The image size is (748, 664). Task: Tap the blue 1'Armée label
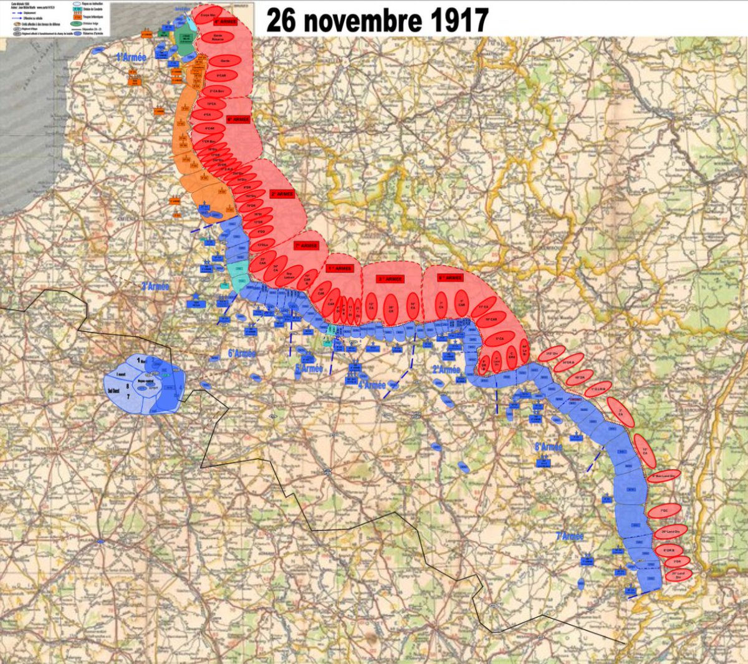[131, 57]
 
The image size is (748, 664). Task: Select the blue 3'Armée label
[155, 286]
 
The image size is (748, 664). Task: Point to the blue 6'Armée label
[241, 354]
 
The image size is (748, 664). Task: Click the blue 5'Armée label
[309, 368]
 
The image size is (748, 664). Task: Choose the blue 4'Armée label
[372, 385]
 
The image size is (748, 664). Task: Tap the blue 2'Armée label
[446, 369]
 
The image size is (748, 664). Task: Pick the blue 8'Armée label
[549, 446]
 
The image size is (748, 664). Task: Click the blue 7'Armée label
[570, 536]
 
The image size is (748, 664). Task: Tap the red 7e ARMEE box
[306, 246]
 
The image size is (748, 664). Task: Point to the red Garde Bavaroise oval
[218, 37]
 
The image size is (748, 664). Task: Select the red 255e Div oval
[552, 354]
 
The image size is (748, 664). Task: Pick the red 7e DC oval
[664, 511]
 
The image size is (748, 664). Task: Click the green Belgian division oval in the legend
[79, 23]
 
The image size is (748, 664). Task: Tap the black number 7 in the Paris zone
[129, 396]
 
